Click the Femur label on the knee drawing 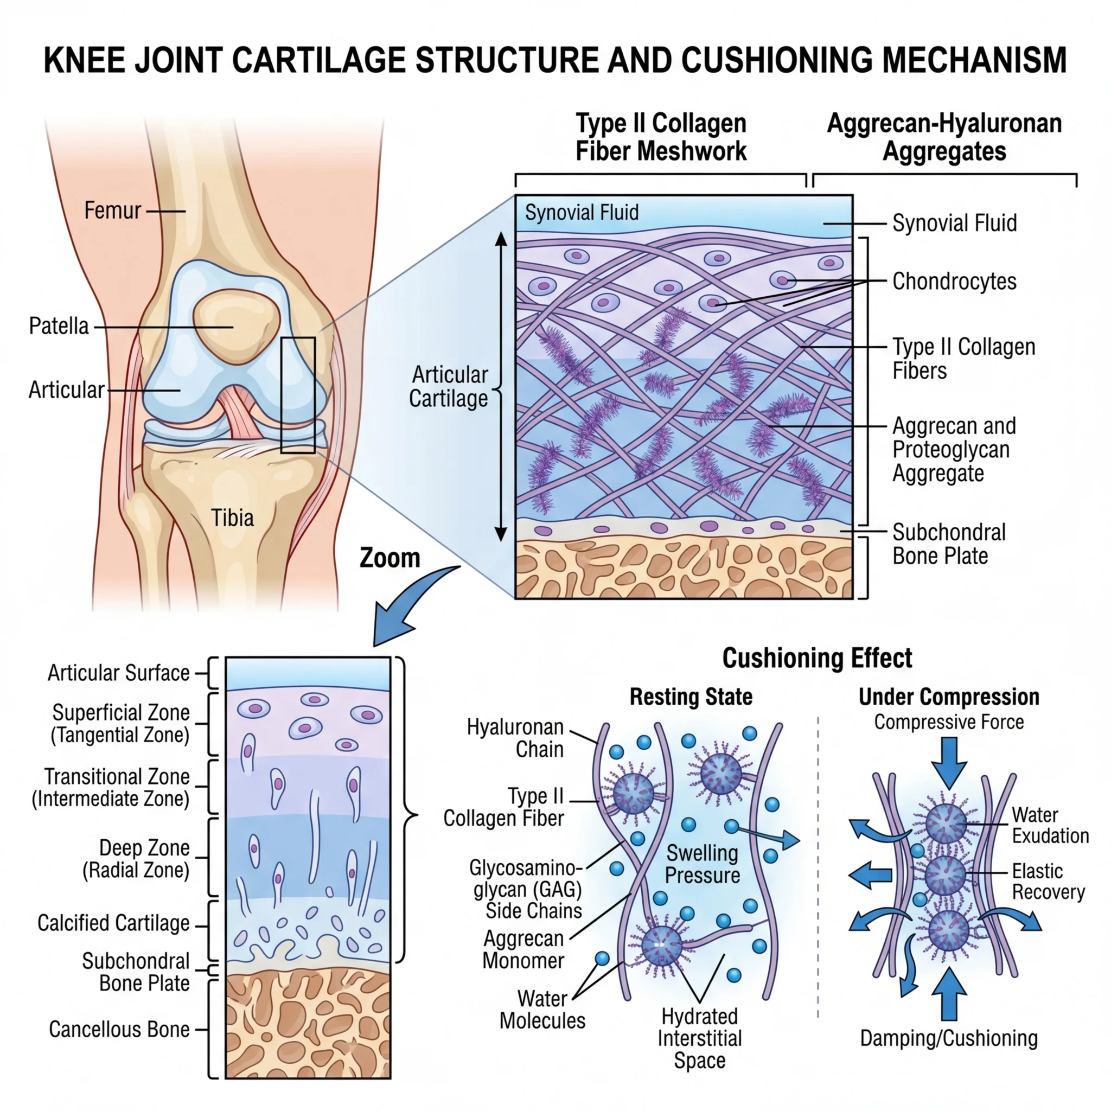pos(112,210)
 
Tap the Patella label pos(59,326)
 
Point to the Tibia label pos(232,518)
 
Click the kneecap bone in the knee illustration pos(236,325)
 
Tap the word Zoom pos(390,558)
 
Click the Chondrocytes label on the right pos(954,281)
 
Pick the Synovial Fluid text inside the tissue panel pos(582,212)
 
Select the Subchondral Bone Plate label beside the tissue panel pos(948,544)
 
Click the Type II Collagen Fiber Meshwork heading pos(661,137)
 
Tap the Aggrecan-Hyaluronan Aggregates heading pos(944,137)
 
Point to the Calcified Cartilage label pos(113,923)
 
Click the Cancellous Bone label pos(119,1029)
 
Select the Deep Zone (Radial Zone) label pos(136,859)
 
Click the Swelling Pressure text pos(702,864)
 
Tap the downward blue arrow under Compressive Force pos(949,762)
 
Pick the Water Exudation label pos(1050,825)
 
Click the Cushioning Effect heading pos(816,658)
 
